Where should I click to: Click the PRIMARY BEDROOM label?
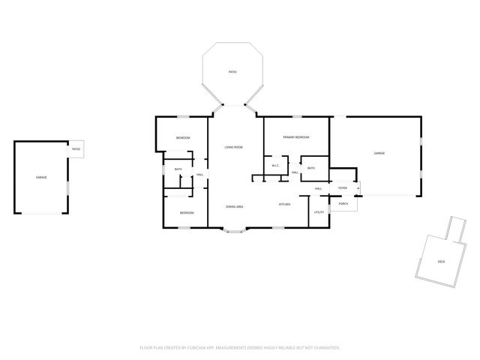point(296,138)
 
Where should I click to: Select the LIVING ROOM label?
point(233,147)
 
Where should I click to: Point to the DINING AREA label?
point(235,205)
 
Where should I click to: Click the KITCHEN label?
point(285,205)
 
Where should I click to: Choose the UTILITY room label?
point(319,212)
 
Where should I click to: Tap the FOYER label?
point(342,188)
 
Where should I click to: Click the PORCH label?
point(343,203)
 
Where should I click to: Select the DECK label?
point(441,262)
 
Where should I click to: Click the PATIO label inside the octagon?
point(233,72)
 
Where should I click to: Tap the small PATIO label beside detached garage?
point(76,149)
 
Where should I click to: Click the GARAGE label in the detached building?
point(41,177)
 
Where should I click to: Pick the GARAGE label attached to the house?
point(379,153)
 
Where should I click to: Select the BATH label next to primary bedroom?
point(310,168)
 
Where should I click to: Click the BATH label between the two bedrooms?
point(178,169)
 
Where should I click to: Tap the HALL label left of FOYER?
point(318,188)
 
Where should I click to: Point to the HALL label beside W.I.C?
point(295,172)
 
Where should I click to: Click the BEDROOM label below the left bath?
point(187,213)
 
